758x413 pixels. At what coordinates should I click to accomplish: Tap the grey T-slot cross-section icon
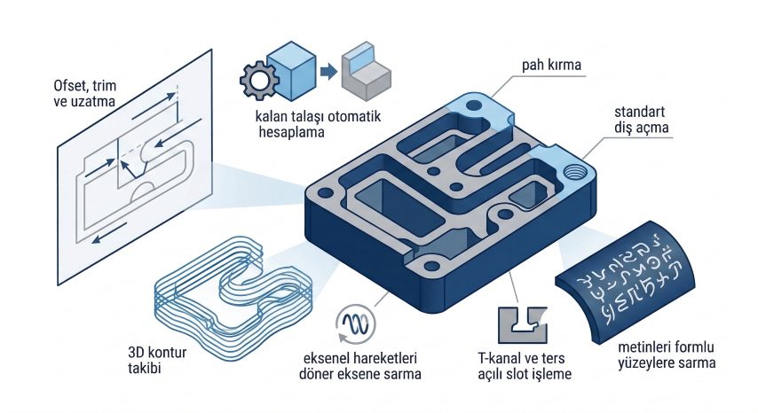(x=521, y=323)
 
